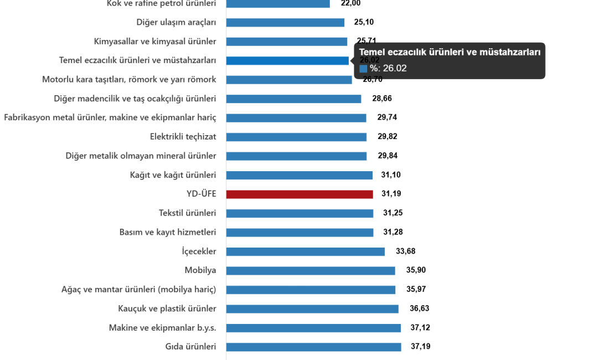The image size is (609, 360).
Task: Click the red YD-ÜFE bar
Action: (299, 194)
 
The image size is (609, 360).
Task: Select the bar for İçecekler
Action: (305, 252)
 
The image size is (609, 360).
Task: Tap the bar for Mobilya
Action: (311, 271)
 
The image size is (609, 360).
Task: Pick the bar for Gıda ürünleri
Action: (313, 347)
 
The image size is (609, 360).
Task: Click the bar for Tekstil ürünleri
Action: (300, 214)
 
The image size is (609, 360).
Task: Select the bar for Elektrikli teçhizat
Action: (296, 137)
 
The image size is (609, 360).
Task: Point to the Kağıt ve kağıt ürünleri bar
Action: (299, 176)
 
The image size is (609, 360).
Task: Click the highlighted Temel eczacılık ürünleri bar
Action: (287, 61)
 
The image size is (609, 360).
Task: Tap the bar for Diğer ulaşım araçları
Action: (285, 23)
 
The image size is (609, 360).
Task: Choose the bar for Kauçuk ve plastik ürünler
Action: (312, 309)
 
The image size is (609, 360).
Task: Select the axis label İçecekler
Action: (199, 252)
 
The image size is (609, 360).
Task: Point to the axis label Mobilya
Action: (200, 271)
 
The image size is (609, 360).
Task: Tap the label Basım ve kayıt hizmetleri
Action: (168, 233)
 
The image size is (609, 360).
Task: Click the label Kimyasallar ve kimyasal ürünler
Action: (155, 42)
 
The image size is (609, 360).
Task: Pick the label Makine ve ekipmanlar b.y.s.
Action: (162, 328)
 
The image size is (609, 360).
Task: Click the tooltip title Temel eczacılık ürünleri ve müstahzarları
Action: (450, 52)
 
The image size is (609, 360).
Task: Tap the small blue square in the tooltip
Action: (363, 69)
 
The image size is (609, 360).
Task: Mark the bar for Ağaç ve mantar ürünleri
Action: (311, 290)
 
